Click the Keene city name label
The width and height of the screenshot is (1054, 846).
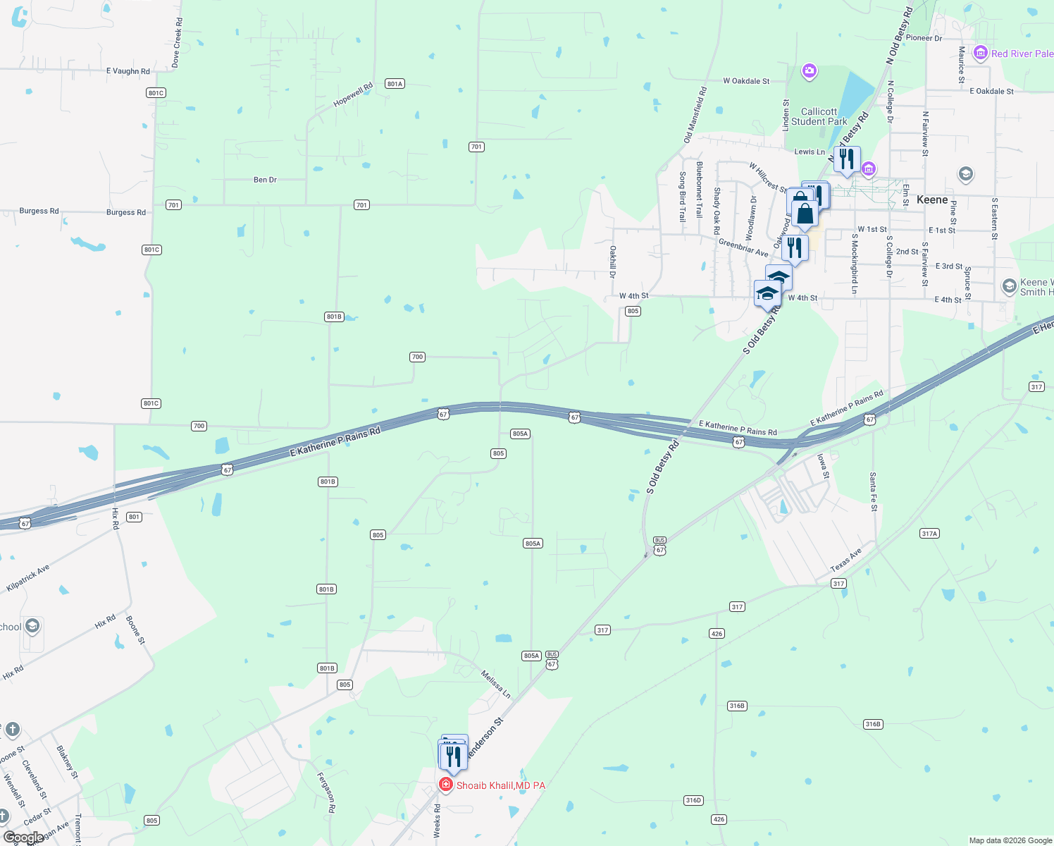932,200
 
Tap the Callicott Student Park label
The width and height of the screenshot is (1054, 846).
819,116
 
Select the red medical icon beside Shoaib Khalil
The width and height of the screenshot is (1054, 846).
445,785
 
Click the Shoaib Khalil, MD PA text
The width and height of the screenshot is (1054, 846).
501,785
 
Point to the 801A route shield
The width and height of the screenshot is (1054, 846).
395,84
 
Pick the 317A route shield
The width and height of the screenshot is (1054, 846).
929,534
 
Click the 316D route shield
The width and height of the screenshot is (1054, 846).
693,800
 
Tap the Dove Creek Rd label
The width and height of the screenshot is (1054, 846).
178,44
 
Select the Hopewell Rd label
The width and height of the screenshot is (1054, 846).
353,95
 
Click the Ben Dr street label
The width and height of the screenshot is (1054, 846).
265,180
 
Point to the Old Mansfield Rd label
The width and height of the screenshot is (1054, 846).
695,115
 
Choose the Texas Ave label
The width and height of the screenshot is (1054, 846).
845,560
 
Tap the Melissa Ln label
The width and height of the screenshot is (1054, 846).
496,685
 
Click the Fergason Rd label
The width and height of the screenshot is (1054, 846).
325,792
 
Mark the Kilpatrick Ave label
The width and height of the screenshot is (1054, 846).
28,578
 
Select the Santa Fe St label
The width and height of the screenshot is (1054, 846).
873,491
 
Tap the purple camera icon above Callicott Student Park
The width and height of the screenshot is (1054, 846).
810,70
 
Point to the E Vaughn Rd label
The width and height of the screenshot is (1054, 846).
128,71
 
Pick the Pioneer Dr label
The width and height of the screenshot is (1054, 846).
924,38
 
